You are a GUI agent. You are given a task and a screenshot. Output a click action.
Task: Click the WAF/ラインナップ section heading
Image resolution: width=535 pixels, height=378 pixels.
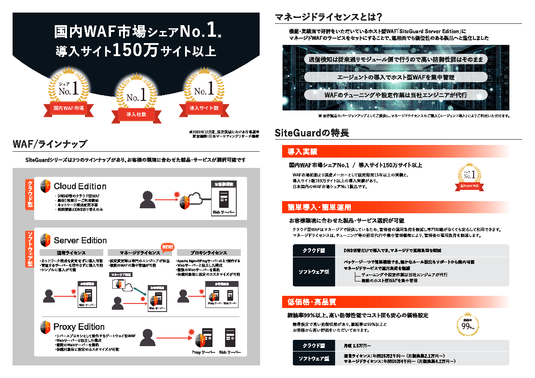point(50,144)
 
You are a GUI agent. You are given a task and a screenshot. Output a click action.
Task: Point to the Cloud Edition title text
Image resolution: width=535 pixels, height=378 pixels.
point(80,186)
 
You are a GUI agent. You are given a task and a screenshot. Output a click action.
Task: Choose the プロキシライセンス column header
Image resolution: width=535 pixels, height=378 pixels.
point(208,253)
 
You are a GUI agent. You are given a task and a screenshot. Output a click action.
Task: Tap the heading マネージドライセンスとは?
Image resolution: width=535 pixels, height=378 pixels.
point(328,18)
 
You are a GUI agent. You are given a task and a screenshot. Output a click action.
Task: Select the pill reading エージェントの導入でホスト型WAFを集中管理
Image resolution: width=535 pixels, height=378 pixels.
point(395,77)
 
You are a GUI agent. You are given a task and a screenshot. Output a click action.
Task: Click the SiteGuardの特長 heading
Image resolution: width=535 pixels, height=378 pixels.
point(311,133)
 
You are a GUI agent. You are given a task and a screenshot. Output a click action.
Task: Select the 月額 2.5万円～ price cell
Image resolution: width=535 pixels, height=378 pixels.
point(357,346)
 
